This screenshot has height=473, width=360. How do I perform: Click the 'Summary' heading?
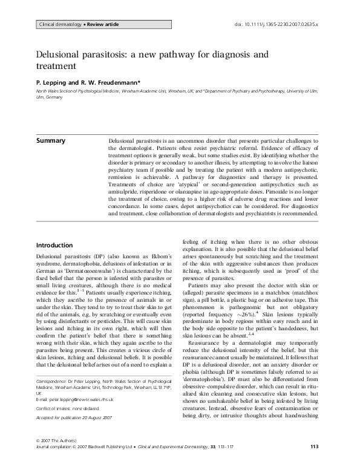[51, 140]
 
